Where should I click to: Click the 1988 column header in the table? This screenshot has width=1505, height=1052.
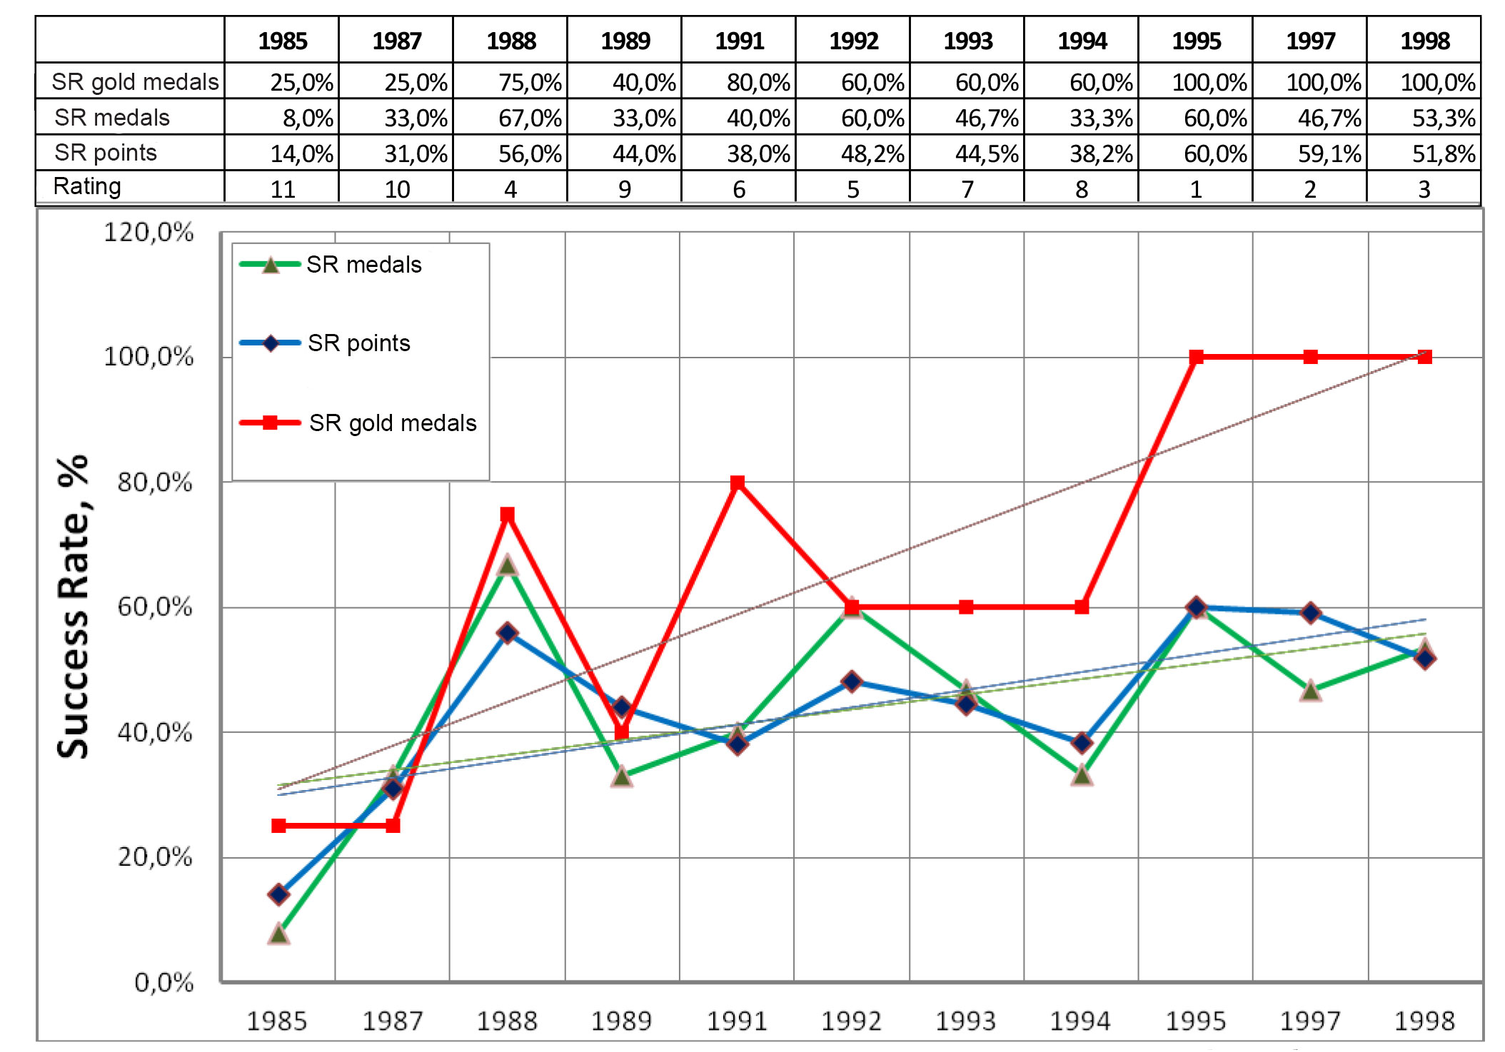coord(510,41)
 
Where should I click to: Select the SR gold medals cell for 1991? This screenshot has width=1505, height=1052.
coord(757,82)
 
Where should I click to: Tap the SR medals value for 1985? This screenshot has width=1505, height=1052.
coord(308,118)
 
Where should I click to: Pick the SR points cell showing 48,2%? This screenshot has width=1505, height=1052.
coord(872,153)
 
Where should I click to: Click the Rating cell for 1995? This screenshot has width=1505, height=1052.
coord(1196,189)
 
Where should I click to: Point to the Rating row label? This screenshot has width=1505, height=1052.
coord(87,186)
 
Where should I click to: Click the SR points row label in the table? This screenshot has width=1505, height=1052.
coord(106,153)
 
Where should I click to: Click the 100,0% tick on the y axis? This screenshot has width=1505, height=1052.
coord(149,356)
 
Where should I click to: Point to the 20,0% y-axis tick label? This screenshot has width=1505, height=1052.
coord(155,856)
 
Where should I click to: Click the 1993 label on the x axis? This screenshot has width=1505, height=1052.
coord(965,1021)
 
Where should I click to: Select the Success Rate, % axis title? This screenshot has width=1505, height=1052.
coord(73,606)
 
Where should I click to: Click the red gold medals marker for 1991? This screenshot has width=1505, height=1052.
coord(738,482)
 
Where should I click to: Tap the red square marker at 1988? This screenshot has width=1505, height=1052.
coord(508,514)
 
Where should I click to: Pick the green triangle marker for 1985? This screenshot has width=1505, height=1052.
coord(279,934)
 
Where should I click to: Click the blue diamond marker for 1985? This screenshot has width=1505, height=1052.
coord(279,894)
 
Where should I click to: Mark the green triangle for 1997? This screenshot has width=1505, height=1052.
coord(1311,690)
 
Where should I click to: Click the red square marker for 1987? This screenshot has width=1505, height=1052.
coord(393,826)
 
